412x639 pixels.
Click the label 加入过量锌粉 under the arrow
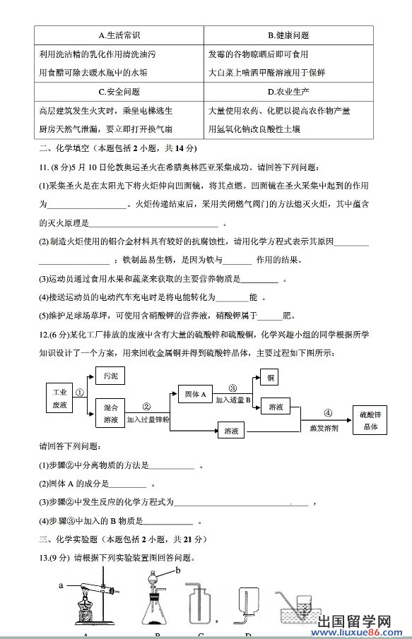point(148,419)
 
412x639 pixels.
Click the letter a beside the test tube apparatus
point(61,585)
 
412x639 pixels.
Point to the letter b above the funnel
point(178,570)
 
